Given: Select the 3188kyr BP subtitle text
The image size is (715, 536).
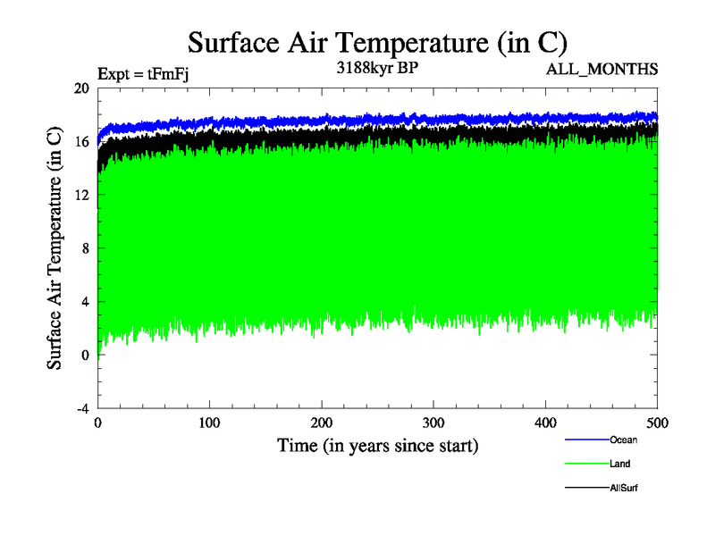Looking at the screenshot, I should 375,67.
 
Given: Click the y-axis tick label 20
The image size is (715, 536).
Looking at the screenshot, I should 81,88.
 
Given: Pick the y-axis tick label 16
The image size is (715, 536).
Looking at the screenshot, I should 81,142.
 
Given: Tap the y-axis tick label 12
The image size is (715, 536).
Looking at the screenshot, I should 81,195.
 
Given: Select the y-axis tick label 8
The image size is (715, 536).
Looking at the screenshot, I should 85,248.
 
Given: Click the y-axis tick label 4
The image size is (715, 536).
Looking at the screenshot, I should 85,302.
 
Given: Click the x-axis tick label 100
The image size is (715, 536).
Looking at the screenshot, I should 209,422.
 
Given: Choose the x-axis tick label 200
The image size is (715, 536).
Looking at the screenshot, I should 322,422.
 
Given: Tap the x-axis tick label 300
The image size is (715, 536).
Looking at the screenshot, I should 433,422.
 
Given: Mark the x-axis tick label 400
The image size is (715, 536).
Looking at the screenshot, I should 545,422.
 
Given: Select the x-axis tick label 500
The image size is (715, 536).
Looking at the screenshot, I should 657,422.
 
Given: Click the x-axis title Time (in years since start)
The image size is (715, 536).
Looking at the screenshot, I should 377,445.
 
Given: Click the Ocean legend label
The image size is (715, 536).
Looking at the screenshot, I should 624,440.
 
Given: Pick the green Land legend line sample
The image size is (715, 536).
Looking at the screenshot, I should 586,464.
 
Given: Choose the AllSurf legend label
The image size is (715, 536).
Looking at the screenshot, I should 624,488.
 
